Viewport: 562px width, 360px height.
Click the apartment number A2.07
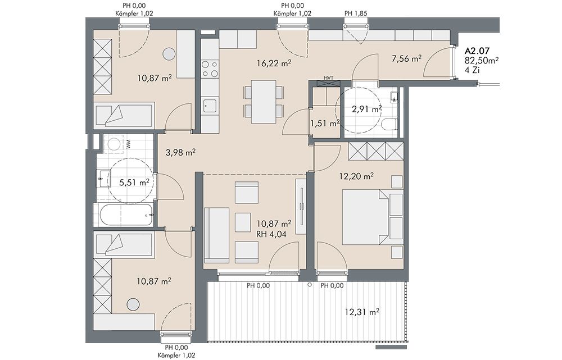(x=477, y=51)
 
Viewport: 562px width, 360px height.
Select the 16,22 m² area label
(x=274, y=63)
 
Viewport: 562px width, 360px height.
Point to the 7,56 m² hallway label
(x=406, y=59)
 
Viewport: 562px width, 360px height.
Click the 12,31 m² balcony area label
(x=362, y=312)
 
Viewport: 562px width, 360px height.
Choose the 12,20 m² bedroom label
(x=357, y=176)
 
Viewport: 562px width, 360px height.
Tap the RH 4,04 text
(x=271, y=235)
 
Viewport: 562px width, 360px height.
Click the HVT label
(x=328, y=78)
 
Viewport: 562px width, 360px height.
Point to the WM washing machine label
(x=128, y=144)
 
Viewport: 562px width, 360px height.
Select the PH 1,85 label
(x=356, y=13)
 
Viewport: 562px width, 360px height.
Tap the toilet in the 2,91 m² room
(x=388, y=125)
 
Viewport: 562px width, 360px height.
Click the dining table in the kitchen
(x=264, y=102)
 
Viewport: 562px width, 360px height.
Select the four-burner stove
(x=210, y=69)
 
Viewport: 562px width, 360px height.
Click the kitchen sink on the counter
(x=209, y=106)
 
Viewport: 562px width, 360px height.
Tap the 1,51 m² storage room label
(x=325, y=124)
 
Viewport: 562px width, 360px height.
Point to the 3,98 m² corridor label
(x=180, y=153)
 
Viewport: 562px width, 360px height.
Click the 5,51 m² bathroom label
(x=134, y=183)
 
